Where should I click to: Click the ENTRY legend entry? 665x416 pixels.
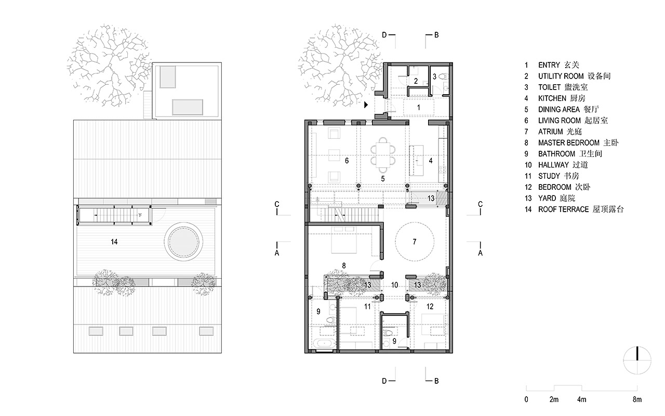[552, 65]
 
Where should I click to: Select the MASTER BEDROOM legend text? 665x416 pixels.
[571, 143]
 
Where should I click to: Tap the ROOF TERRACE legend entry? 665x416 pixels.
[574, 210]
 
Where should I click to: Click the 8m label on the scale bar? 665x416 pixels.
[637, 400]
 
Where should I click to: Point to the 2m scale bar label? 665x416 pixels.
[554, 400]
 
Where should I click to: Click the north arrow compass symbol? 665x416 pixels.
[637, 360]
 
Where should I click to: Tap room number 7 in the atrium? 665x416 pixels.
[415, 242]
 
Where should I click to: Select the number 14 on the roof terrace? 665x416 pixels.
[114, 242]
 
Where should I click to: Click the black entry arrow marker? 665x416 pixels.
[366, 105]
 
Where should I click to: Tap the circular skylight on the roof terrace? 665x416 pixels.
[183, 242]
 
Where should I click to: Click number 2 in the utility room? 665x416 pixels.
[416, 81]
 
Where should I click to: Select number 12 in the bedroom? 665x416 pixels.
[430, 306]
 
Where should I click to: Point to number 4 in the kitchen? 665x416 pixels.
[431, 161]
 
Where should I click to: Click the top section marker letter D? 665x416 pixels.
[384, 35]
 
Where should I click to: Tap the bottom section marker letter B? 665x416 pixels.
[436, 381]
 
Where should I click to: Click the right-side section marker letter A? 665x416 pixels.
[481, 253]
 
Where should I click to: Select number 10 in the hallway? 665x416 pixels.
[394, 285]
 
